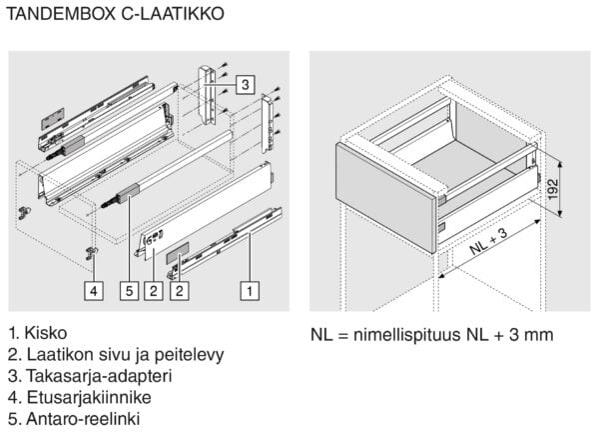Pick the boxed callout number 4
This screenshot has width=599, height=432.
click(x=92, y=291)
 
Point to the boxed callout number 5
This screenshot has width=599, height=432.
click(x=129, y=291)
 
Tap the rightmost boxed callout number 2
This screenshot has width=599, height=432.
click(x=177, y=291)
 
